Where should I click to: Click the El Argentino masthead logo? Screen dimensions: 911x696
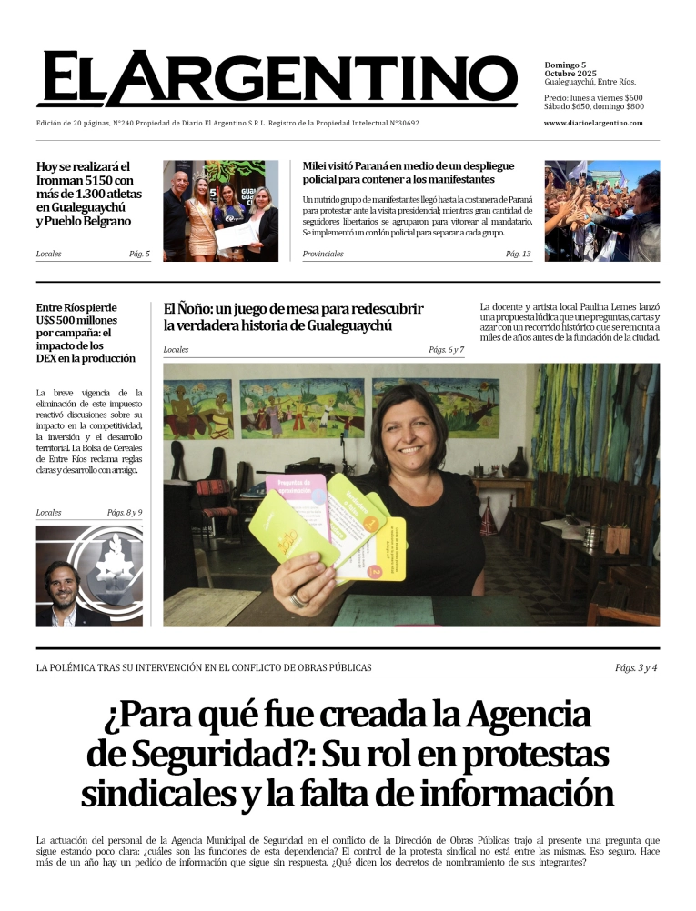[x=277, y=79]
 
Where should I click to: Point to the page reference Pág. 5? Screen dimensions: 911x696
[x=139, y=254]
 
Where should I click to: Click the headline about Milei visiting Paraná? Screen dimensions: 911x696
[x=409, y=173]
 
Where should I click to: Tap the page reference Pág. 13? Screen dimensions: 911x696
[x=518, y=254]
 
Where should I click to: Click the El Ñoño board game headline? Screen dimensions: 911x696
[x=293, y=316]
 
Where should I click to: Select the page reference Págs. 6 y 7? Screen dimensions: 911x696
[x=446, y=350]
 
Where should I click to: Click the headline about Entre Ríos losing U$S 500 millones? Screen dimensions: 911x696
[x=79, y=333]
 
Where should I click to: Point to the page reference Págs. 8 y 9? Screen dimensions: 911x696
[x=125, y=513]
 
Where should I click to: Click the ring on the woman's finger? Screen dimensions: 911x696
[x=298, y=599]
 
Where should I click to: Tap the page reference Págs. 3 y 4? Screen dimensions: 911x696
[x=636, y=668]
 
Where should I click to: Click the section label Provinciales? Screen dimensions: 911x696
[x=323, y=254]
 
